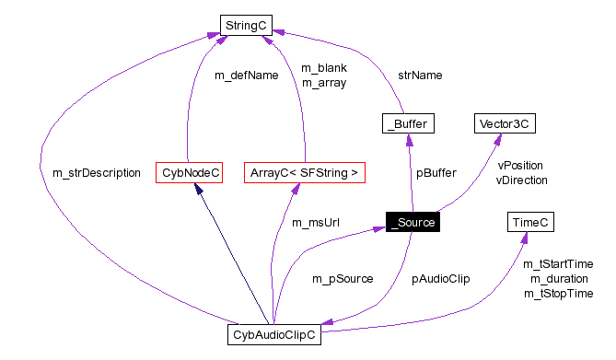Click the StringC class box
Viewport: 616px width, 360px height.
point(246,25)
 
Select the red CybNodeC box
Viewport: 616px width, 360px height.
point(188,172)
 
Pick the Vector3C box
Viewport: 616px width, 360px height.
point(505,123)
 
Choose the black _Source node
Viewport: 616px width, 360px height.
point(413,222)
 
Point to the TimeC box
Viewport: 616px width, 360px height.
point(529,222)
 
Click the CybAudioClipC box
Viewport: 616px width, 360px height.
point(273,335)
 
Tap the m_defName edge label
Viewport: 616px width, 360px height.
point(246,75)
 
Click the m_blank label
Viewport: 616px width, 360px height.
point(323,68)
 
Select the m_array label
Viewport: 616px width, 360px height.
point(323,83)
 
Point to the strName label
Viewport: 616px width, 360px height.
point(419,75)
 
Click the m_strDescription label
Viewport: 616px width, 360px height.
point(97,172)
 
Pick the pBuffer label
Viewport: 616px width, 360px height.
point(436,172)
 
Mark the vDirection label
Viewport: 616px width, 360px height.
point(522,180)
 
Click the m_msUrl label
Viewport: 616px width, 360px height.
point(312,222)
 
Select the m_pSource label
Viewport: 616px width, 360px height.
point(343,278)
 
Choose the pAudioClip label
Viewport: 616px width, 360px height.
point(440,278)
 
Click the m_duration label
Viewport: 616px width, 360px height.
point(559,278)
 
